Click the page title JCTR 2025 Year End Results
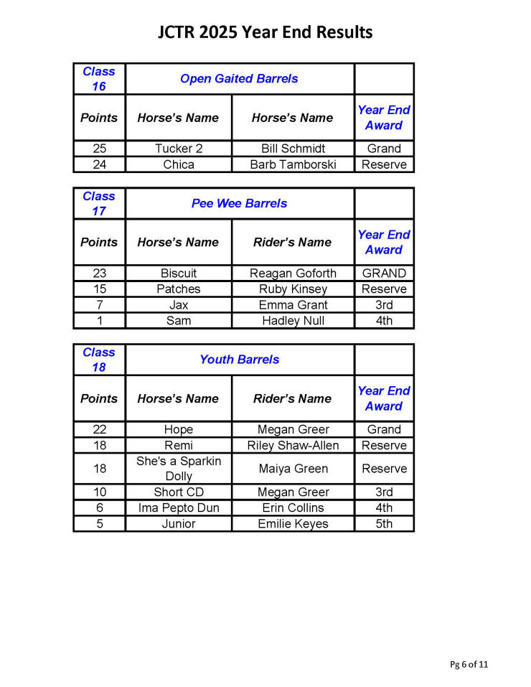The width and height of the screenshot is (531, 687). click(x=265, y=32)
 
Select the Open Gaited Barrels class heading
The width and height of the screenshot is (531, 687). click(x=239, y=78)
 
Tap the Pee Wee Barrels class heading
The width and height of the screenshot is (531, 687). click(x=239, y=203)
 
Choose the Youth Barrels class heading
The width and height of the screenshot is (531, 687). click(x=239, y=360)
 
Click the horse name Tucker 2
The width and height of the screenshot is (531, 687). click(x=179, y=149)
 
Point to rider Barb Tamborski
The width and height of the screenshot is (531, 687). click(x=292, y=164)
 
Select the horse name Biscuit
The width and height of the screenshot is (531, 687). click(x=179, y=274)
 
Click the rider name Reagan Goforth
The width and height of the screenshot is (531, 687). click(x=292, y=274)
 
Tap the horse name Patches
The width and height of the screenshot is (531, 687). click(x=179, y=289)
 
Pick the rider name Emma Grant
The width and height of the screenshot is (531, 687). click(x=292, y=305)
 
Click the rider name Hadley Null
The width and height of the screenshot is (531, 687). click(x=292, y=321)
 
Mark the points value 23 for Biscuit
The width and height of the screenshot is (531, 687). click(x=99, y=274)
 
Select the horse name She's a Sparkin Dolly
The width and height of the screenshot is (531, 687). click(x=179, y=468)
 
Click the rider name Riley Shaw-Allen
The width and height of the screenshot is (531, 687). click(x=292, y=445)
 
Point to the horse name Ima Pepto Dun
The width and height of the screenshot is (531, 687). click(x=179, y=508)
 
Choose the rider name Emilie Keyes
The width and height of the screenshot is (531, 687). click(x=292, y=524)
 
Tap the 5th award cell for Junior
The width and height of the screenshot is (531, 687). click(x=384, y=524)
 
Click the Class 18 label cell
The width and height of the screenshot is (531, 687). click(x=99, y=360)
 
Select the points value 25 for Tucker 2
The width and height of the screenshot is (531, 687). click(x=99, y=149)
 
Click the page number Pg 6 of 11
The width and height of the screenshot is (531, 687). click(x=469, y=664)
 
